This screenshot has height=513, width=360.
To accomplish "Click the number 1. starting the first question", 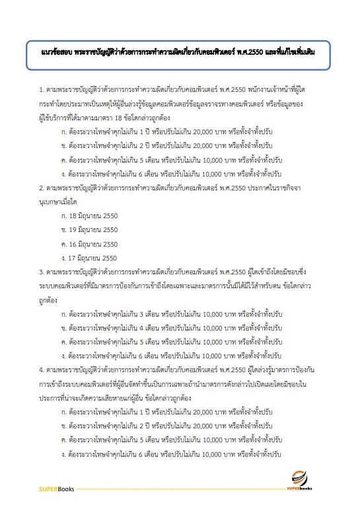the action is point(42,88).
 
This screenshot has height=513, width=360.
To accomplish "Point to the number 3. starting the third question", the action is point(42,272).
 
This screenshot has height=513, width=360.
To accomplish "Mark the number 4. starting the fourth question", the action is point(42,370).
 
